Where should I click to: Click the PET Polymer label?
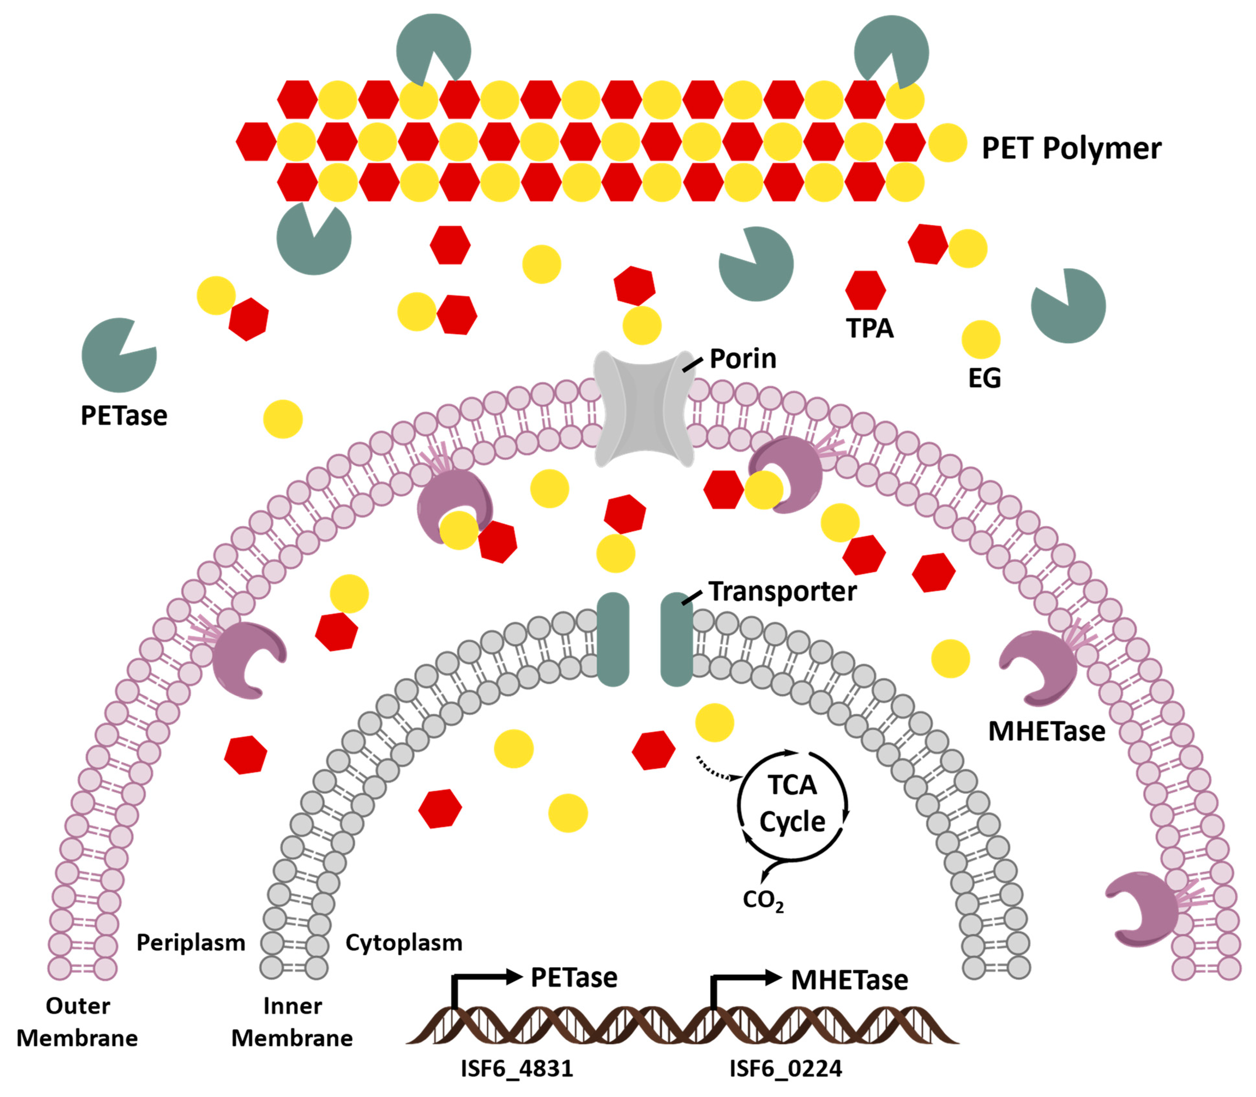[1071, 148]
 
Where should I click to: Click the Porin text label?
[742, 359]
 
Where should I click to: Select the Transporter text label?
[782, 591]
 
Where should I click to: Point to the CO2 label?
[763, 900]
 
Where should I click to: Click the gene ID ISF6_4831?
[517, 1068]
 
